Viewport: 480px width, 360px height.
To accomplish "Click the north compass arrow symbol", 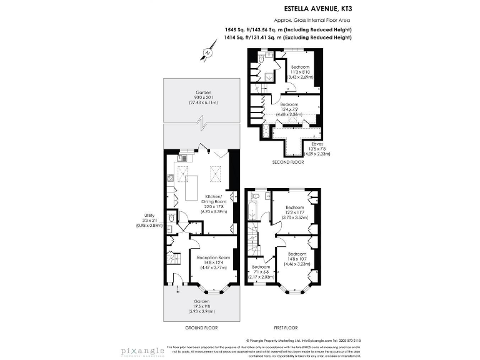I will pos(206,54).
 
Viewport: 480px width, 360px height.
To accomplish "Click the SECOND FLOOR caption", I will pos(288,162).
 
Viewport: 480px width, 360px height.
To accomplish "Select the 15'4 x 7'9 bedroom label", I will pos(291,109).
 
